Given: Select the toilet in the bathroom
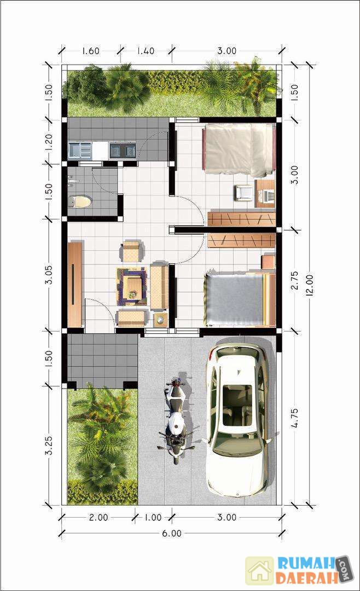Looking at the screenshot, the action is [80, 201].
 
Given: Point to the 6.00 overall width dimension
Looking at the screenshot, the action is [172, 533].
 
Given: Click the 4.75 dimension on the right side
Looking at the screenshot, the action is [295, 418].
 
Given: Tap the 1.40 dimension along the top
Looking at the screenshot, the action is [145, 50].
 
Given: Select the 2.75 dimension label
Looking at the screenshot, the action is [295, 280].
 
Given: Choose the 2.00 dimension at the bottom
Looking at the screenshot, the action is [98, 517].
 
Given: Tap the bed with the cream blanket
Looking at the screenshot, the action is [239, 149].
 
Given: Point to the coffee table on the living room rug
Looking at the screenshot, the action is [132, 286].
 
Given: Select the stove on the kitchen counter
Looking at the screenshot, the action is [123, 150].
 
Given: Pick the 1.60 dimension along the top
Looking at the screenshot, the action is [90, 50].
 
